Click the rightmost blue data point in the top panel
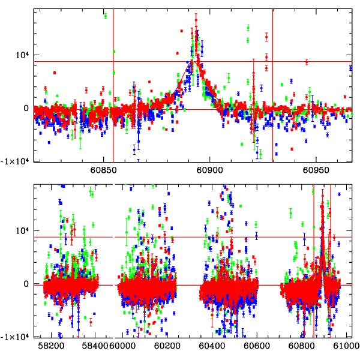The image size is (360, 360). click(x=350, y=68)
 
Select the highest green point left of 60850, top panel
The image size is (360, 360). click(x=106, y=16)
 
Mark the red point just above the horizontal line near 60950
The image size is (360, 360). click(x=307, y=61)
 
